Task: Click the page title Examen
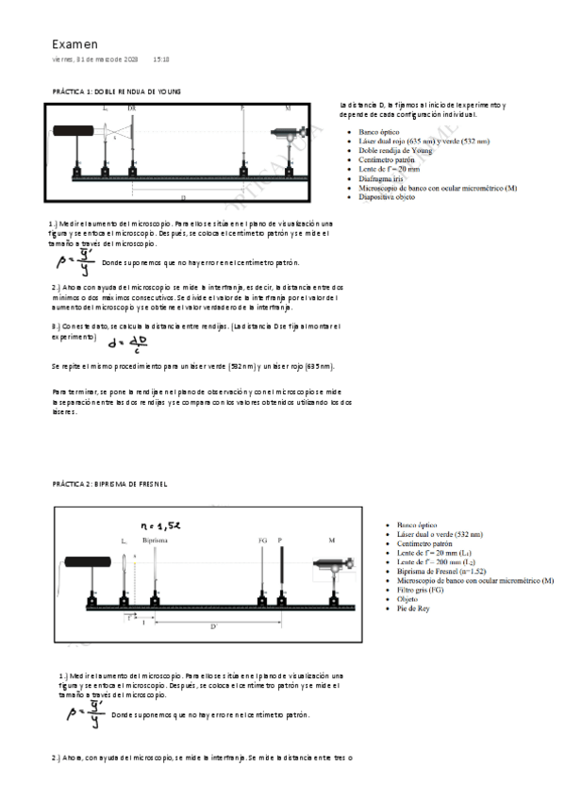click(x=75, y=43)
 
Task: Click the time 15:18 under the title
click(x=161, y=59)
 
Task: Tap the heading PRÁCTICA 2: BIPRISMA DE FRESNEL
click(x=109, y=484)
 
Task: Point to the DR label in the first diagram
click(x=131, y=108)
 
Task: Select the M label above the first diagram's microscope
click(x=289, y=108)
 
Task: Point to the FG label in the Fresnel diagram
click(x=262, y=541)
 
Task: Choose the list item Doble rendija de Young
click(x=395, y=149)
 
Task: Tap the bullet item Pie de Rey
click(x=415, y=609)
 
